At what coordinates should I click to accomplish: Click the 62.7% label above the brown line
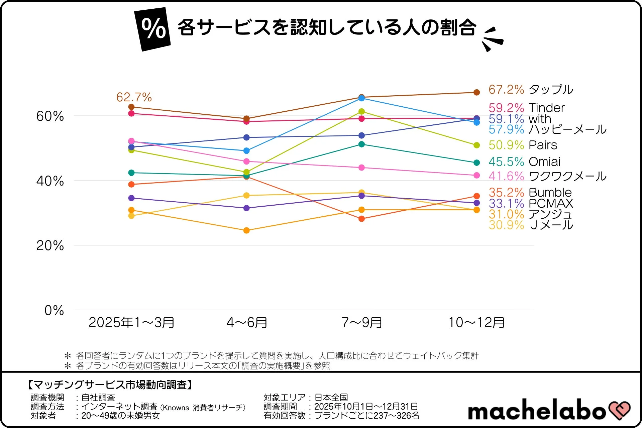tap(134, 97)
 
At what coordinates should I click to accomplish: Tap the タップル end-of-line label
tap(551, 90)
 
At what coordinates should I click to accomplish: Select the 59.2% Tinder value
tap(506, 108)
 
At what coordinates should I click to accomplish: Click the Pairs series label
tap(543, 145)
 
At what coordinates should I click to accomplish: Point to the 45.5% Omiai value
tap(506, 162)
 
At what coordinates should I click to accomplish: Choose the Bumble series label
tap(550, 193)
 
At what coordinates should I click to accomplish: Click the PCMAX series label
tap(551, 203)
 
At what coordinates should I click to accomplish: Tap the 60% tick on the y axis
tap(50, 116)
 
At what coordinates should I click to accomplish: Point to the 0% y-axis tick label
tap(54, 310)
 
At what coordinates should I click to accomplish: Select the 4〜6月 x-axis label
tap(247, 323)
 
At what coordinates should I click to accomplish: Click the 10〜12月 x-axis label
tap(476, 323)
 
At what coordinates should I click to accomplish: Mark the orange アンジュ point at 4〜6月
tap(246, 230)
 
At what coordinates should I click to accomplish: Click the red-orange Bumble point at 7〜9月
tap(361, 219)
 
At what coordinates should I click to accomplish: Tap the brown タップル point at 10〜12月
tap(477, 92)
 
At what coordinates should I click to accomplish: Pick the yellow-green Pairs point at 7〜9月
tap(361, 111)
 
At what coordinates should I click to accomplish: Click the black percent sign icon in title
tap(153, 29)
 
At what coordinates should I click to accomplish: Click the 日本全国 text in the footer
tap(331, 398)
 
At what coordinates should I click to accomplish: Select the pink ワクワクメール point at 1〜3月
tap(131, 141)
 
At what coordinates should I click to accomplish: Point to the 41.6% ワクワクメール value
tap(506, 176)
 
